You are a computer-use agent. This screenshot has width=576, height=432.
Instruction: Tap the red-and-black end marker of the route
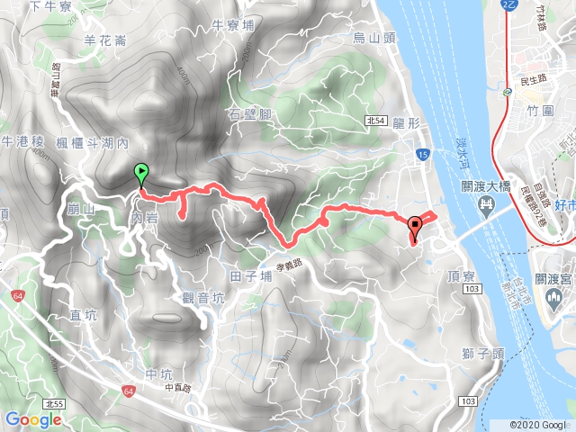[415, 227]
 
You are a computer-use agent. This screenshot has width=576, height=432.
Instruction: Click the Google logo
[33, 419]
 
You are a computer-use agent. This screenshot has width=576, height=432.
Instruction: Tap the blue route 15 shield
[422, 156]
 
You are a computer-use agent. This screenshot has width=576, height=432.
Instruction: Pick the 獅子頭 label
[486, 354]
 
